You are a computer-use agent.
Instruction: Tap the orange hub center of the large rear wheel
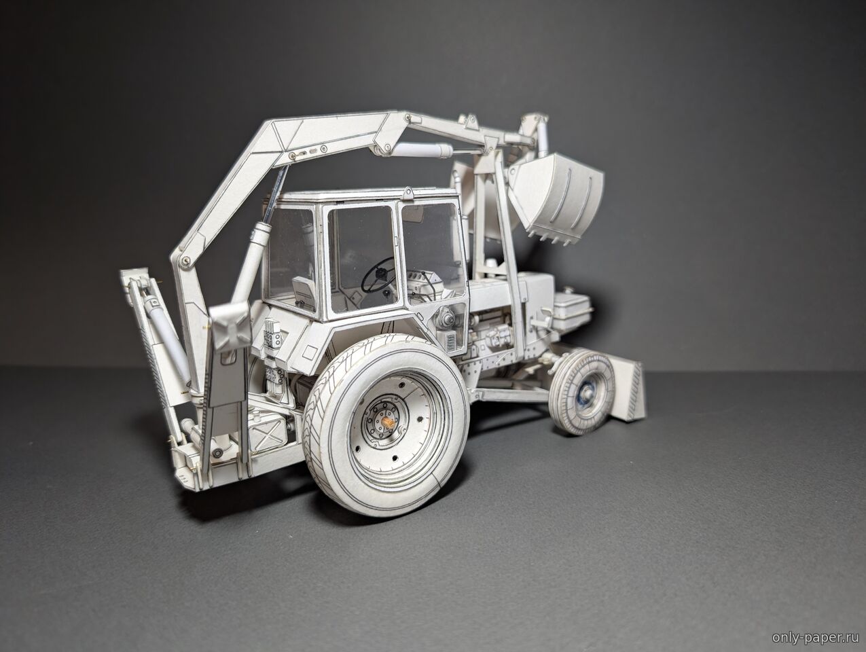tap(386, 422)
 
